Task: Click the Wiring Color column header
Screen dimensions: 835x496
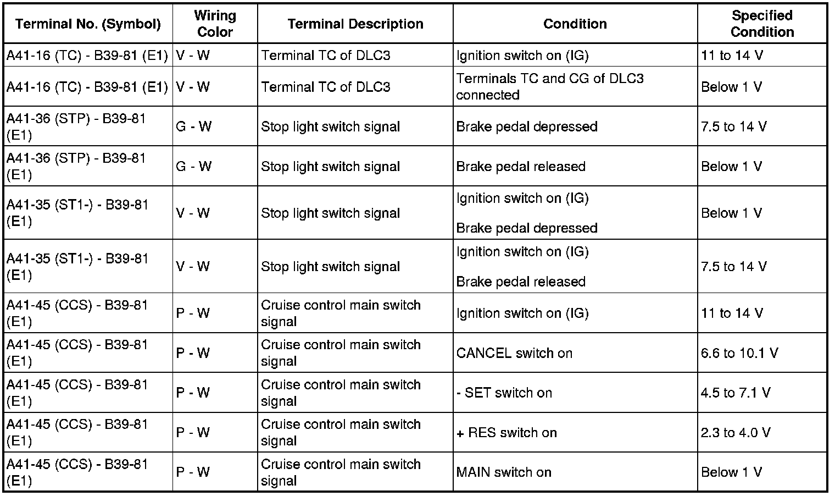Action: point(215,24)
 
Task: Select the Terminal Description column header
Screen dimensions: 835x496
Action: point(355,24)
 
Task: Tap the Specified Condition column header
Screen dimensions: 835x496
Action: point(762,24)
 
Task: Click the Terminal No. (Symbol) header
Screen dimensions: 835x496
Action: point(88,24)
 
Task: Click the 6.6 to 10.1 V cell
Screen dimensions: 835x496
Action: point(739,352)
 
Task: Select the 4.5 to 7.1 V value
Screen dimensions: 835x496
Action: point(735,393)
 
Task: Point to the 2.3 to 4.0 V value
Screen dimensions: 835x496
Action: point(735,432)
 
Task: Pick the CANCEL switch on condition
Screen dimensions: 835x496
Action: point(514,352)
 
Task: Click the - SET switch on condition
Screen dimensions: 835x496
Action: point(504,393)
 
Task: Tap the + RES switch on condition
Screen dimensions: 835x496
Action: point(506,432)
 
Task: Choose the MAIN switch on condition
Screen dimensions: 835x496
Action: point(504,472)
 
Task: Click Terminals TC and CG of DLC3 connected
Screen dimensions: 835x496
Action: point(549,86)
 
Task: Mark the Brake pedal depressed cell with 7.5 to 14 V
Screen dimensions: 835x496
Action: point(526,126)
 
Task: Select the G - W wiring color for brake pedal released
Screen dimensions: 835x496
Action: point(193,166)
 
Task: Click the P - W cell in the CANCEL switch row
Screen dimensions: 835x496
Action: point(193,352)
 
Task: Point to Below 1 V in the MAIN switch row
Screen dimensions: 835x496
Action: point(731,472)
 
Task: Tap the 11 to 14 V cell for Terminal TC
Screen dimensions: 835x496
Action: point(732,55)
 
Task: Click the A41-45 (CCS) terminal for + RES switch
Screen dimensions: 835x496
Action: point(77,432)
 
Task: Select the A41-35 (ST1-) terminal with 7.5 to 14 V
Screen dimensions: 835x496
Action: point(77,266)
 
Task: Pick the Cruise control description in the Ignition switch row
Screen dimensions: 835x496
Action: point(341,313)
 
